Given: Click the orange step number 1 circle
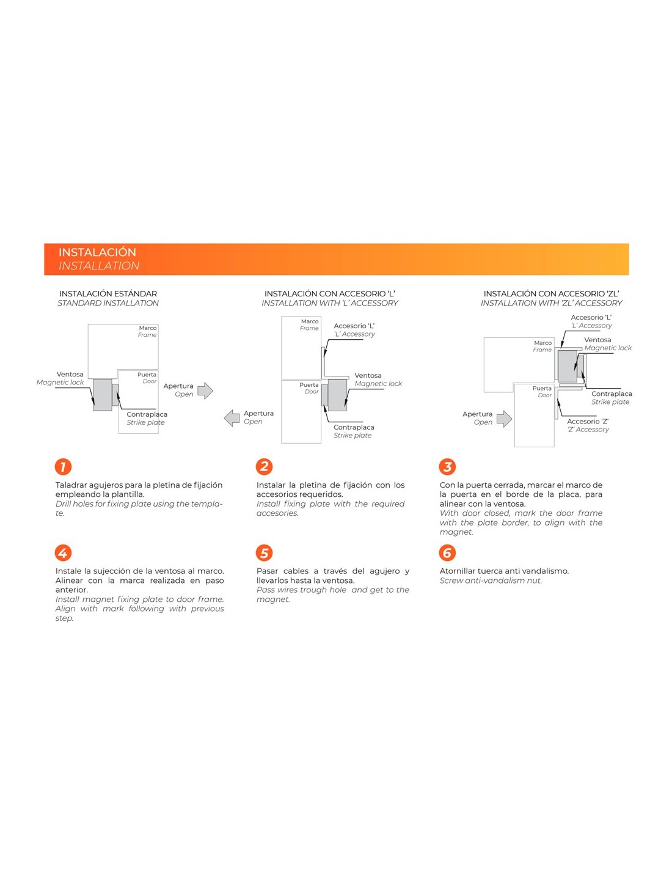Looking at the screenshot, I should pyautogui.click(x=63, y=467).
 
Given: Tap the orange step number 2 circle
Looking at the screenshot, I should pyautogui.click(x=264, y=467).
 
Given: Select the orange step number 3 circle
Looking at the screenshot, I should pyautogui.click(x=447, y=467).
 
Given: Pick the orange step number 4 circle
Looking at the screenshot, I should pyautogui.click(x=63, y=553).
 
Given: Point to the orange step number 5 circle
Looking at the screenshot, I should pyautogui.click(x=264, y=553).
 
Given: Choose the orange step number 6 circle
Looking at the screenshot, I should pyautogui.click(x=447, y=553).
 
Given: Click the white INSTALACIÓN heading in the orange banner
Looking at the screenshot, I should pyautogui.click(x=97, y=252).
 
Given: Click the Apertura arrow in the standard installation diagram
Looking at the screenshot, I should pyautogui.click(x=205, y=391).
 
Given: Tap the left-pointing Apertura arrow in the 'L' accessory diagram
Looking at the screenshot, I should pyautogui.click(x=232, y=418).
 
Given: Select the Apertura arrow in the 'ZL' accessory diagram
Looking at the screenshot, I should pyautogui.click(x=504, y=419).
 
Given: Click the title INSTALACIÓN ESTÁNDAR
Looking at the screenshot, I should pyautogui.click(x=108, y=294).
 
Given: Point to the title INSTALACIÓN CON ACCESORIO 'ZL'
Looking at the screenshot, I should pyautogui.click(x=551, y=294).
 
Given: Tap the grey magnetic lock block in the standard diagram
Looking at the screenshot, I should pyautogui.click(x=102, y=395).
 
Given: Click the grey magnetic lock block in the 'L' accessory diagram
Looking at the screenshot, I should pyautogui.click(x=337, y=395).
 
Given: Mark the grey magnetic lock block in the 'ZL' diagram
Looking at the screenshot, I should pyautogui.click(x=567, y=366).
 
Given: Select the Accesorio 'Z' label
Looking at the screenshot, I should pyautogui.click(x=587, y=422).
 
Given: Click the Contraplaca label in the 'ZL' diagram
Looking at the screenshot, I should pyautogui.click(x=612, y=394).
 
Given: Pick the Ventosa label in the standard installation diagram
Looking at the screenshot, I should pyautogui.click(x=70, y=375).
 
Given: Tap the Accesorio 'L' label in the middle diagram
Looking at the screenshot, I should pyautogui.click(x=354, y=326).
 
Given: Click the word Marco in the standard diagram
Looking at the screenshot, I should pyautogui.click(x=147, y=328).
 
